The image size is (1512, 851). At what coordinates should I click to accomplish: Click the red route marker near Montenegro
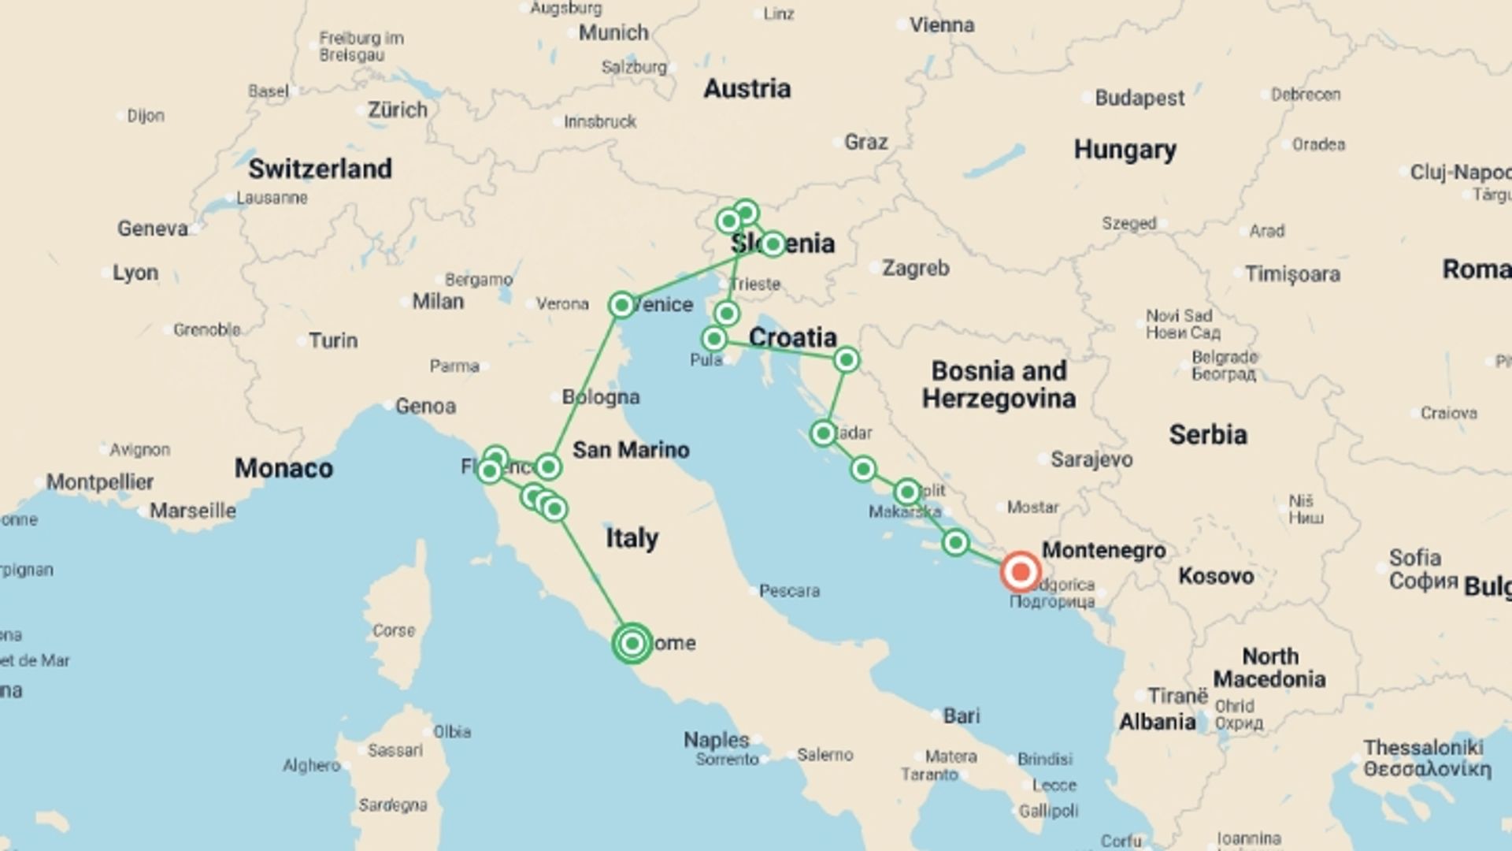pos(1020,571)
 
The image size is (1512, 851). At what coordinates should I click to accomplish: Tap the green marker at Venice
pos(621,305)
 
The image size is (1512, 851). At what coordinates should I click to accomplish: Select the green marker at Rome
pos(632,644)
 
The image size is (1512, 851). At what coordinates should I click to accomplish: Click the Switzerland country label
pos(320,169)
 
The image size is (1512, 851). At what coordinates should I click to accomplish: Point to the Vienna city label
pos(941,25)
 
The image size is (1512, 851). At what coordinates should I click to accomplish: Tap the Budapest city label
pos(1139,98)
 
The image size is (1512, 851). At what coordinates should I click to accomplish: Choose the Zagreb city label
pos(915,269)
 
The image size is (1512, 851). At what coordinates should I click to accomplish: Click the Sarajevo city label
pos(1091,459)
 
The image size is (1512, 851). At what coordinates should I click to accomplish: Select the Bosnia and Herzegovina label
pos(999,385)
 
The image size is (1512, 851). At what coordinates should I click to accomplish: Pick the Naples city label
pos(716,740)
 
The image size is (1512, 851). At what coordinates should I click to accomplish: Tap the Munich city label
pos(613,33)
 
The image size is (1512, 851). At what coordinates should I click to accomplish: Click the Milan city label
pos(438,302)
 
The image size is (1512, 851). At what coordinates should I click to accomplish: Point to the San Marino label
pos(631,450)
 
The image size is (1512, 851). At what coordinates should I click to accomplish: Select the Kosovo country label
pos(1215,576)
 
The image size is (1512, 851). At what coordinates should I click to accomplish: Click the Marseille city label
pos(193,511)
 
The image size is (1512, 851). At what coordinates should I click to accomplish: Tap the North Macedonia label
pos(1269,667)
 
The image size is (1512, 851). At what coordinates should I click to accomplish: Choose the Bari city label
pos(962,716)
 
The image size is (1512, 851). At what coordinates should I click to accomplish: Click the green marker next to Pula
pos(713,339)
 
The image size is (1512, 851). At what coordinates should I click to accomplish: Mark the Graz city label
pos(865,143)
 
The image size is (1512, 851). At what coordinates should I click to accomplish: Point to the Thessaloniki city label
pos(1423,748)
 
